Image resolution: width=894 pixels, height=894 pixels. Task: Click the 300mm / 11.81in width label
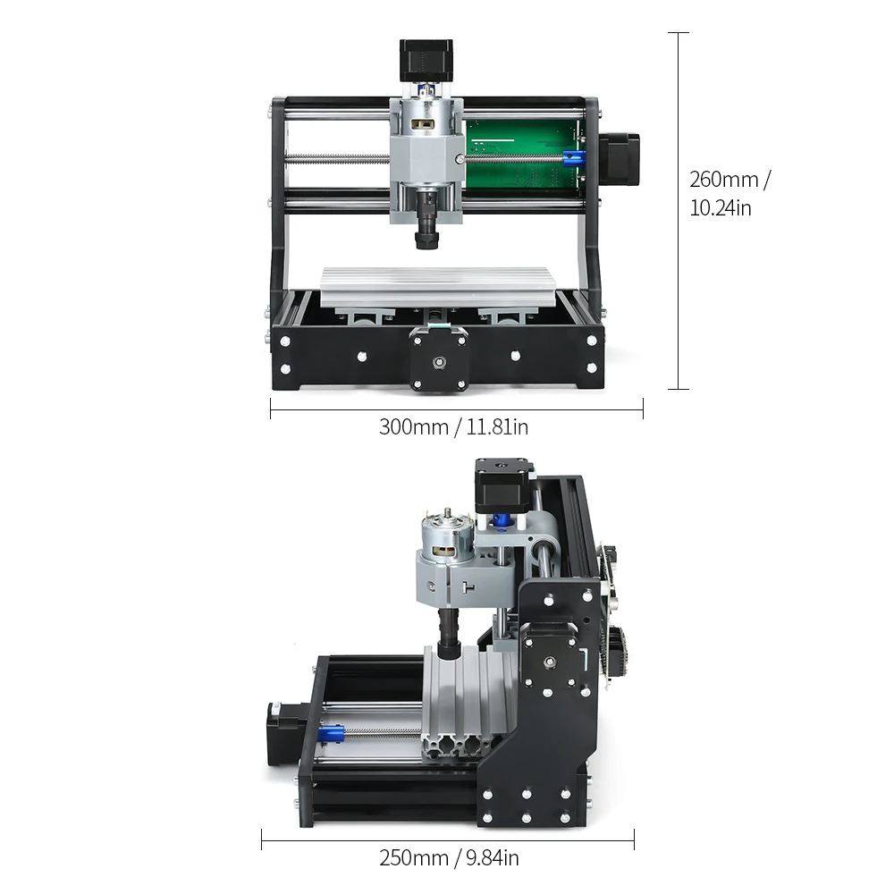point(453,426)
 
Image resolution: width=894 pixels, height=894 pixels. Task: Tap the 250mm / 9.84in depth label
point(450,857)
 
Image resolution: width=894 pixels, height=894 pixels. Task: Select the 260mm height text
point(730,179)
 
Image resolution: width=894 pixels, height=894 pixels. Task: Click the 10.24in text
point(720,207)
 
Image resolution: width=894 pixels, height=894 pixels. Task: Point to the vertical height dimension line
point(678,211)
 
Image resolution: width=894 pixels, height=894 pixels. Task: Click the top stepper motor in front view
point(426,60)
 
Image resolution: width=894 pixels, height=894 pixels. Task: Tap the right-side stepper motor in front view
point(620,160)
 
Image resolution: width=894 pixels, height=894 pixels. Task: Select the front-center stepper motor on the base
point(439,359)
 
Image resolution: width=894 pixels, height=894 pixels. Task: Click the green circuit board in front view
point(523,154)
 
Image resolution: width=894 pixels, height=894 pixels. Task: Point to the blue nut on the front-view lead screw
point(574,158)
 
